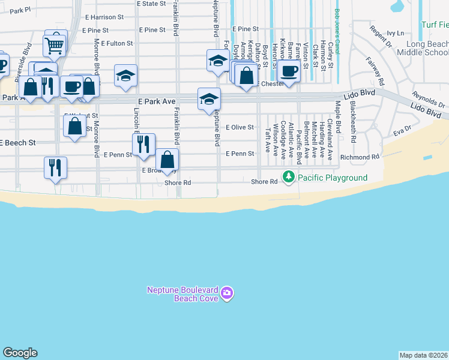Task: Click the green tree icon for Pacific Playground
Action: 289,178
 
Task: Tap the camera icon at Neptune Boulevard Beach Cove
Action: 227,293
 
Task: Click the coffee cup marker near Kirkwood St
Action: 289,71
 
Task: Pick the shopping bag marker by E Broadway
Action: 167,161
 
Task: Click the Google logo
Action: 20,353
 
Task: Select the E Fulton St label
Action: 116,43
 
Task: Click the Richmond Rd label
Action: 360,157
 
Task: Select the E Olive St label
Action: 240,127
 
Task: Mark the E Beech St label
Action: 18,143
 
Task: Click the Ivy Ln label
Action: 396,33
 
